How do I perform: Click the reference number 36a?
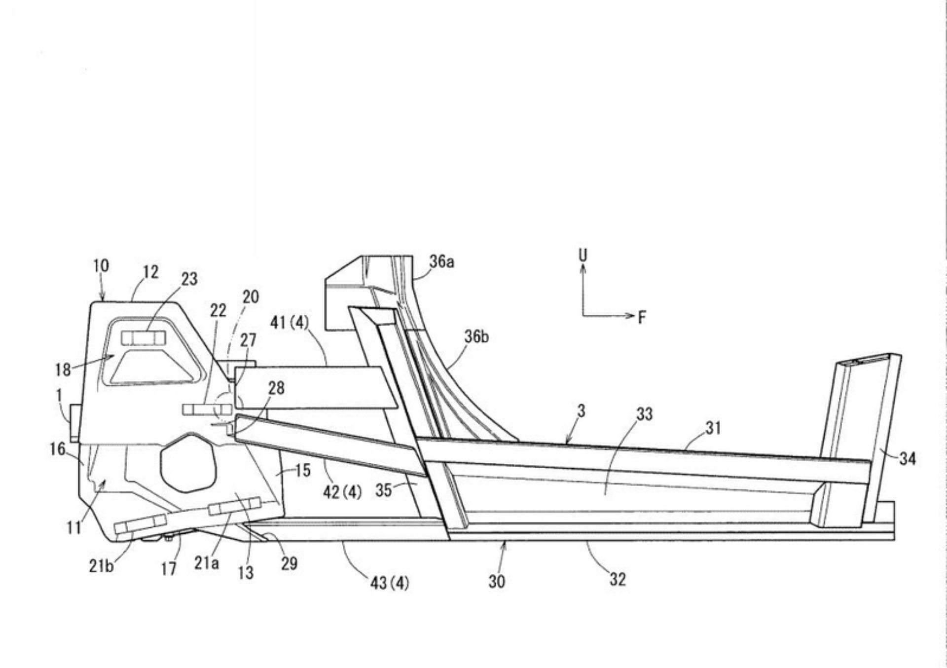click(441, 262)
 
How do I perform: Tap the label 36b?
click(476, 337)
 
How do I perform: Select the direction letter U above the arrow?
click(583, 255)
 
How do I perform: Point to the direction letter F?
click(641, 317)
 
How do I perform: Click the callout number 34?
click(907, 459)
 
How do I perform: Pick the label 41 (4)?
click(289, 323)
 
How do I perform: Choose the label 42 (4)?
click(342, 492)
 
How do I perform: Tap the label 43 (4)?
click(390, 584)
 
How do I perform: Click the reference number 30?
click(497, 582)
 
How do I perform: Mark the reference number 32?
click(618, 579)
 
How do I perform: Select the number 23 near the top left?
click(189, 279)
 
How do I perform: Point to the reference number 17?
click(169, 569)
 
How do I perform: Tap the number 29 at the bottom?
click(289, 563)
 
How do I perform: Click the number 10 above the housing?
click(101, 266)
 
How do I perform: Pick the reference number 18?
click(63, 370)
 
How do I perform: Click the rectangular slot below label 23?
click(143, 338)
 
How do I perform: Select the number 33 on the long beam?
click(644, 415)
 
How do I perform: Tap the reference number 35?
click(384, 490)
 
